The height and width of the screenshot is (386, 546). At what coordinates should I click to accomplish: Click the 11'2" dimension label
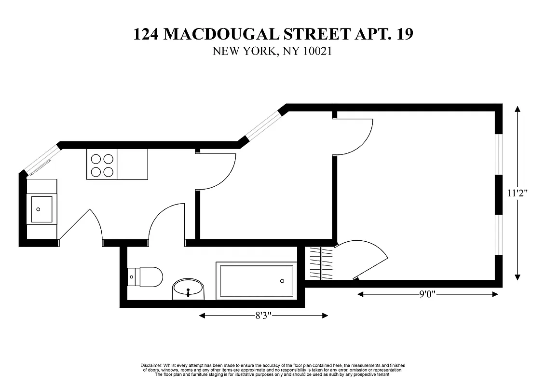(518, 193)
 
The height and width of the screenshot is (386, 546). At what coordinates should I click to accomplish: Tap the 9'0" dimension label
(427, 294)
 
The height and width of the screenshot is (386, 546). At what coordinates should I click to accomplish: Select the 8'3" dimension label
(263, 316)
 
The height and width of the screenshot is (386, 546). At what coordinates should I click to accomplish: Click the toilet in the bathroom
(148, 277)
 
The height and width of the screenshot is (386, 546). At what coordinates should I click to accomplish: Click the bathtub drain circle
(282, 281)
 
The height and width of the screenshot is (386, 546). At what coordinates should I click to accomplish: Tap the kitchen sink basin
(41, 209)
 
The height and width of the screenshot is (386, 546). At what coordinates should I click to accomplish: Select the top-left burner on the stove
(96, 158)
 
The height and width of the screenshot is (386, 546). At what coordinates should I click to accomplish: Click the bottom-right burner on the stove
(109, 171)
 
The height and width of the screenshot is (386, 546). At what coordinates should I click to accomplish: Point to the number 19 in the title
(403, 34)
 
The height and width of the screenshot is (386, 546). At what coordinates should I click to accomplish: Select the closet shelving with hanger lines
(321, 263)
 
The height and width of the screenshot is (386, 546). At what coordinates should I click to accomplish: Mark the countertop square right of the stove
(133, 165)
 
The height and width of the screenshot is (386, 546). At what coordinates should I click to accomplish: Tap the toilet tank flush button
(132, 277)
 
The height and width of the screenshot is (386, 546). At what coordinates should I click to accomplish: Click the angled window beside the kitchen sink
(42, 160)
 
